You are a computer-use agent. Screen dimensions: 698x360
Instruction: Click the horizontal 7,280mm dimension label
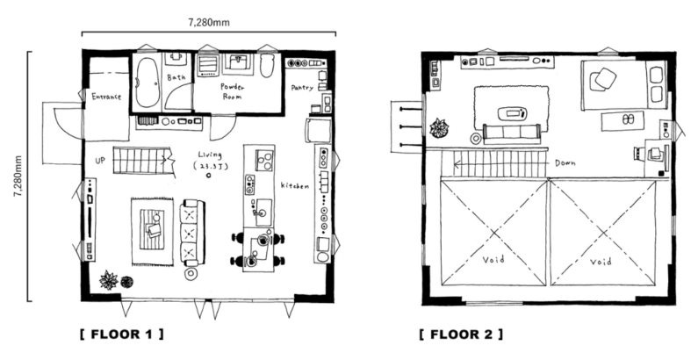pos(209,23)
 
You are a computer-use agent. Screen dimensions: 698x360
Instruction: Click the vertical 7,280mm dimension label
pos(18,176)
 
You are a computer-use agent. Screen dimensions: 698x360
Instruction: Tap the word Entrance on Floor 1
pos(106,96)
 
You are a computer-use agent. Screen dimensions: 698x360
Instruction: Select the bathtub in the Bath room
pos(148,83)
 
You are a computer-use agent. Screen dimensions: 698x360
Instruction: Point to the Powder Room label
pos(232,91)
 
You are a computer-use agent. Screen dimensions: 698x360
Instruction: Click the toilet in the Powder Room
pos(266,66)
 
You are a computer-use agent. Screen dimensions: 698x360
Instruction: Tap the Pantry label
pos(302,88)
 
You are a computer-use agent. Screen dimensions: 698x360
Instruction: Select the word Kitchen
pos(294,185)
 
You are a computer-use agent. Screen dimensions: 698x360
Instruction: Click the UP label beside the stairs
pos(100,160)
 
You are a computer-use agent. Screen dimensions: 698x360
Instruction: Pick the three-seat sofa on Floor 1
pos(192,233)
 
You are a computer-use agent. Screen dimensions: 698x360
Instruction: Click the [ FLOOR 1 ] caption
pos(121,335)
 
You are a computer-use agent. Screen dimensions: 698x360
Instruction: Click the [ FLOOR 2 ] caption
pos(461,335)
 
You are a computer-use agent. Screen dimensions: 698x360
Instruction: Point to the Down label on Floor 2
pos(565,163)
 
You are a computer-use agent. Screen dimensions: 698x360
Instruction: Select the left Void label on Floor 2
pos(493,259)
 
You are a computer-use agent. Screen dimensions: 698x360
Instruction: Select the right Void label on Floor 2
pos(601,261)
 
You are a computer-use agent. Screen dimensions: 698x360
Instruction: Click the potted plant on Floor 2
pos(439,128)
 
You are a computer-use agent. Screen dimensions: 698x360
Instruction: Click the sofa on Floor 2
pos(512,133)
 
